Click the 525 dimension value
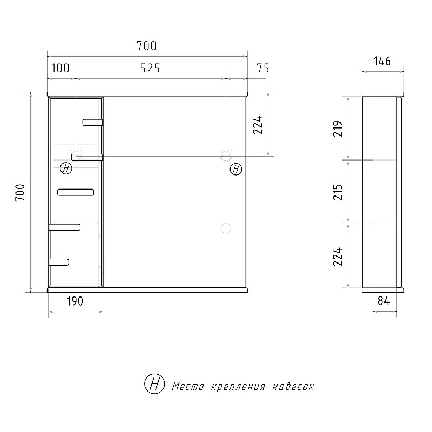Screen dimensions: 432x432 pyautogui.click(x=150, y=68)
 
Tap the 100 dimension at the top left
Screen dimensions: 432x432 pyautogui.click(x=60, y=68)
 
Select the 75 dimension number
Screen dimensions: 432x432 pyautogui.click(x=262, y=68)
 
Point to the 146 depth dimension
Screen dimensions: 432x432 pyautogui.click(x=382, y=61)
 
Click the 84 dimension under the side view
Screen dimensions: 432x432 pyautogui.click(x=384, y=301)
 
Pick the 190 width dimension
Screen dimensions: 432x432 pyautogui.click(x=75, y=301)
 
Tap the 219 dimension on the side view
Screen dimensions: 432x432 pyautogui.click(x=337, y=129)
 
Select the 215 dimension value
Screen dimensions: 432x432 pyautogui.click(x=337, y=192)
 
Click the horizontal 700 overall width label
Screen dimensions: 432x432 pyautogui.click(x=146, y=46)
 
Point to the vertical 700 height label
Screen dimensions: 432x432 pyautogui.click(x=20, y=193)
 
